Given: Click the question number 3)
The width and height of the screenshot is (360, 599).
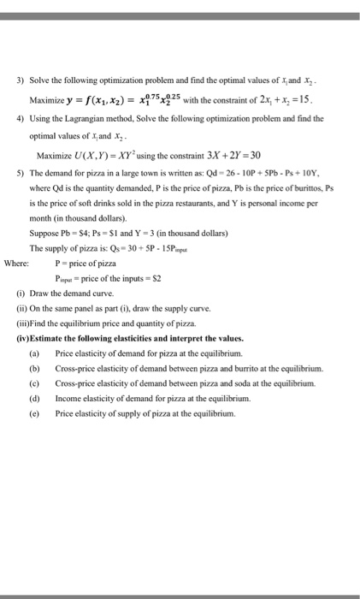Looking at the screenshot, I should [33, 81].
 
